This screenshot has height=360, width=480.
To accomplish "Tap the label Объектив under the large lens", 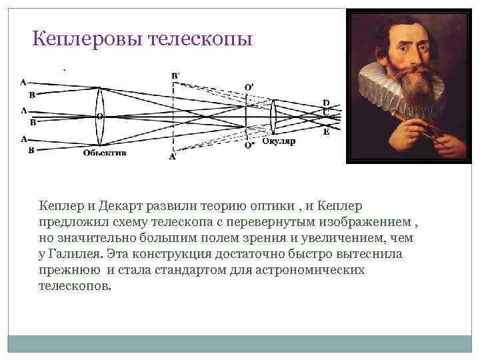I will (105, 153).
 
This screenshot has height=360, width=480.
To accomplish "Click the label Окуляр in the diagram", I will (278, 141).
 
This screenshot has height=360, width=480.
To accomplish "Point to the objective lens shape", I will (100, 116).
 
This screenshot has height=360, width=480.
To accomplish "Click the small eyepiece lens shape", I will (273, 117).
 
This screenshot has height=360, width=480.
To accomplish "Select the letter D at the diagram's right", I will (325, 102).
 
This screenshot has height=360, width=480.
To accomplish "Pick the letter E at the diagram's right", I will (325, 132).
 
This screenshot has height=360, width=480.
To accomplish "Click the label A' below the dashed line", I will (173, 157).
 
